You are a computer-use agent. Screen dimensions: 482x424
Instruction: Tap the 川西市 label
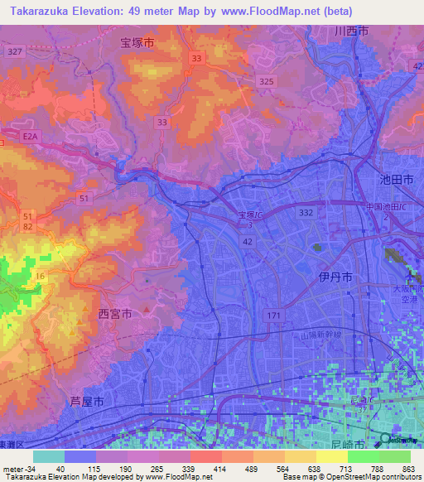pyautogui.click(x=351, y=31)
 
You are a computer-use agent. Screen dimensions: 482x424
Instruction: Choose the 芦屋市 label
pyautogui.click(x=86, y=401)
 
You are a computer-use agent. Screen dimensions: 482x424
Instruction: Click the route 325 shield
pyautogui.click(x=265, y=81)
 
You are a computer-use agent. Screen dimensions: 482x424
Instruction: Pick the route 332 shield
pyautogui.click(x=306, y=213)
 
